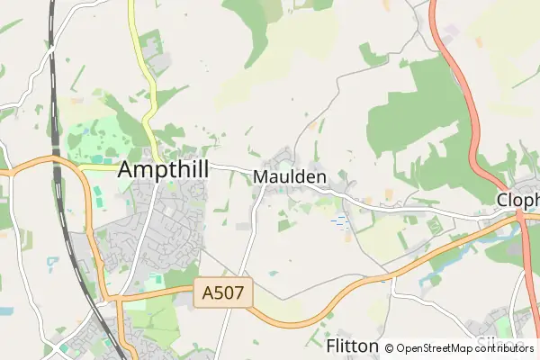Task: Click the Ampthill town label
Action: [x=163, y=169]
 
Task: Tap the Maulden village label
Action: [x=289, y=177]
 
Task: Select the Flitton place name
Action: [x=352, y=346]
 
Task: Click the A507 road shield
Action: [x=223, y=292]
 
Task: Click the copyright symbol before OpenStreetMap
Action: [x=389, y=348]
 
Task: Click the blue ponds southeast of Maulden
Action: [x=339, y=220]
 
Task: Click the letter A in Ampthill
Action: [x=127, y=169]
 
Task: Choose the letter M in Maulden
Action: [x=261, y=177]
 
